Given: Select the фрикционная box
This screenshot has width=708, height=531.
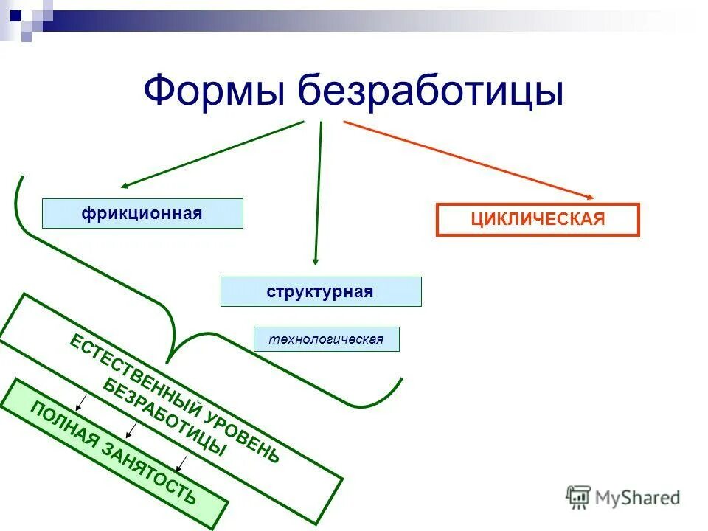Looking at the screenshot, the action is click(142, 213).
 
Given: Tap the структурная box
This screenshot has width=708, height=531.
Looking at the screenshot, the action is click(321, 291).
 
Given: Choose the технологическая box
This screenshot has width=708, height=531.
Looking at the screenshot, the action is click(326, 339).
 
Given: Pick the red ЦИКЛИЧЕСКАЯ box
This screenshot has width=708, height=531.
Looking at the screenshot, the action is click(538, 219).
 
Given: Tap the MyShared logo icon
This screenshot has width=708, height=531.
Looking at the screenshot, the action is click(578, 496).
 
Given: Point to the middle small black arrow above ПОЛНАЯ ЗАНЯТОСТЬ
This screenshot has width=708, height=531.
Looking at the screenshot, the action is click(131, 429).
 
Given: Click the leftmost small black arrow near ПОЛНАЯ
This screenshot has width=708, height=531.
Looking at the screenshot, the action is click(82, 402).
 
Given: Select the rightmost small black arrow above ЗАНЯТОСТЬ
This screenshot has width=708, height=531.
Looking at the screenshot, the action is click(181, 463).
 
